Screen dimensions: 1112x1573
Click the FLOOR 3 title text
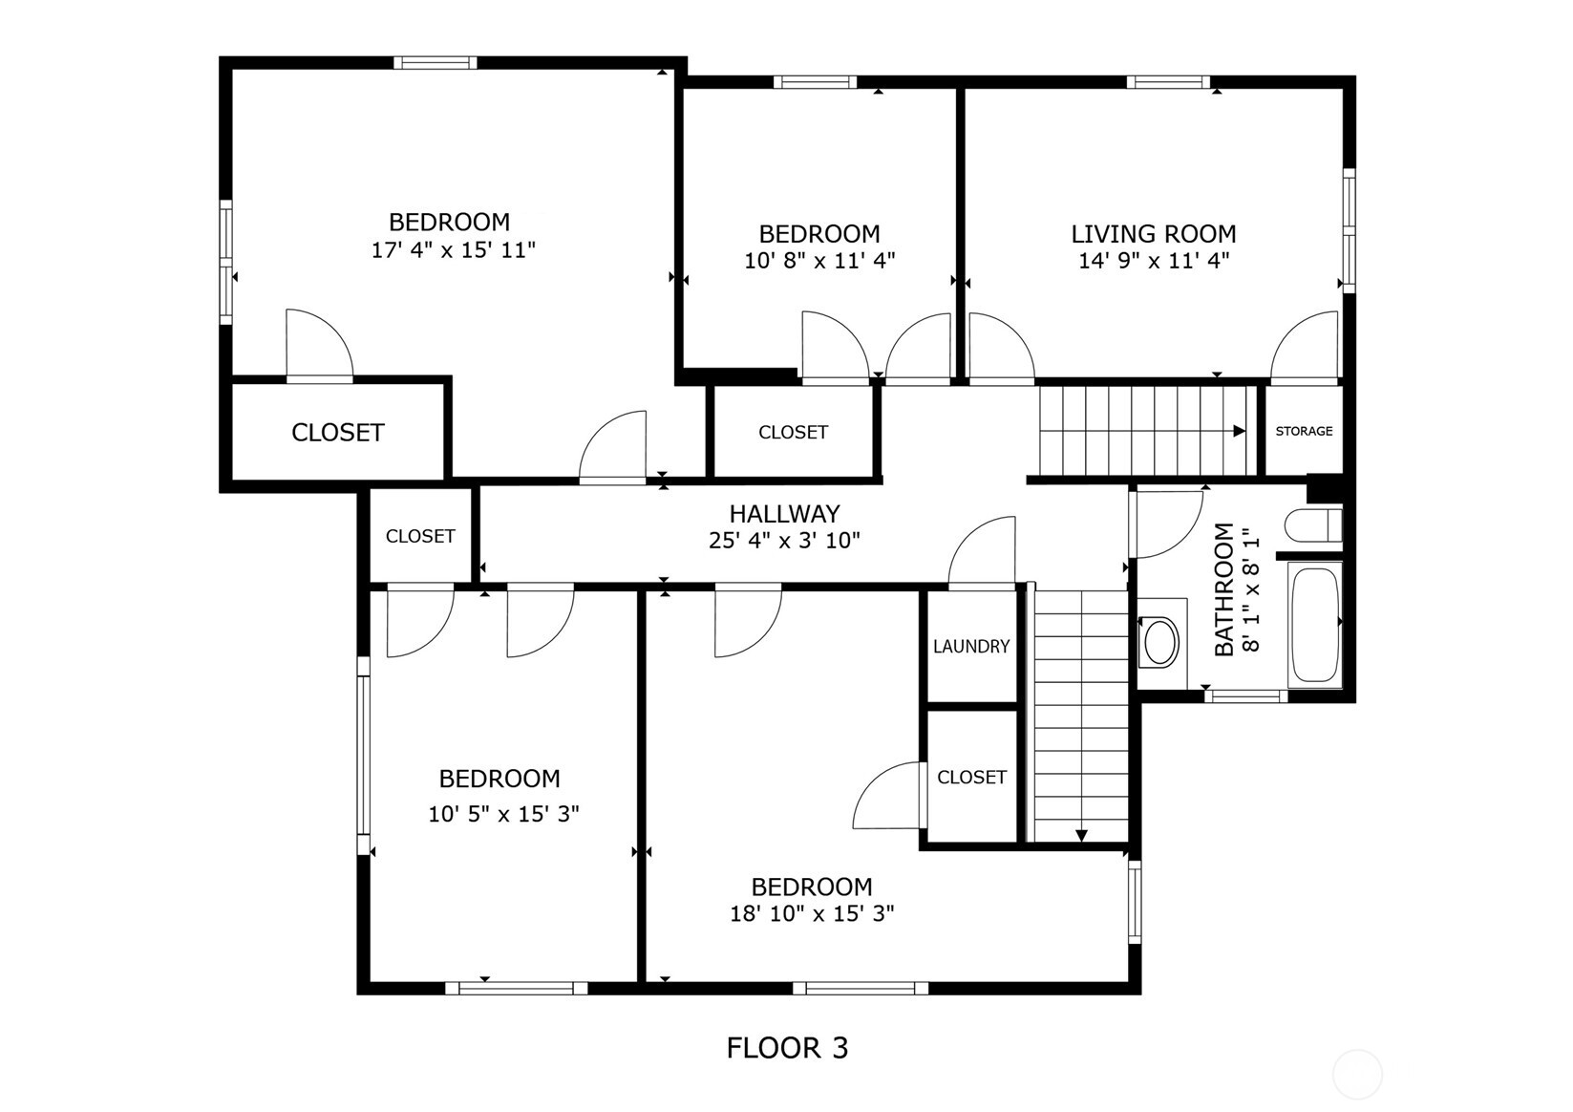tap(786, 1048)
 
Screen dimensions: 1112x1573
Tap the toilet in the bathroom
tap(1313, 525)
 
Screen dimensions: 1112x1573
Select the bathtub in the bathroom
tap(1314, 624)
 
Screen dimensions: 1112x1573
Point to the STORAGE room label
tap(1304, 431)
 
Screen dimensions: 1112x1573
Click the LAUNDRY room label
tap(970, 647)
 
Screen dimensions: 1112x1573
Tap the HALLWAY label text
tap(784, 514)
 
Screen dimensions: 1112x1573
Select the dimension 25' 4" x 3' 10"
tap(784, 541)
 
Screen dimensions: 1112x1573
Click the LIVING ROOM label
tap(1153, 234)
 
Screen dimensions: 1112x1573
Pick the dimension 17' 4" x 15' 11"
tap(453, 250)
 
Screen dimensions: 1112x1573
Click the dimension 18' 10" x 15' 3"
tap(812, 913)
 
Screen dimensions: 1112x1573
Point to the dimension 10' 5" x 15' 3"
tap(504, 814)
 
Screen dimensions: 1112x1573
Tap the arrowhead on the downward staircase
tap(1081, 836)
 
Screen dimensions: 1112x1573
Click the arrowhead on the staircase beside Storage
tap(1240, 431)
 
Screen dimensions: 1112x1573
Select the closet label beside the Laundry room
tap(971, 778)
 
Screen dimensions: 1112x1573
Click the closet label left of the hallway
tap(420, 537)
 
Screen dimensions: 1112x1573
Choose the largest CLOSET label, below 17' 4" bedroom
tap(337, 433)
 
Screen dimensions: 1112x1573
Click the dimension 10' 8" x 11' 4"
tap(819, 260)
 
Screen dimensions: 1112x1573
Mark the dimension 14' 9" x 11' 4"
tap(1153, 260)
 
